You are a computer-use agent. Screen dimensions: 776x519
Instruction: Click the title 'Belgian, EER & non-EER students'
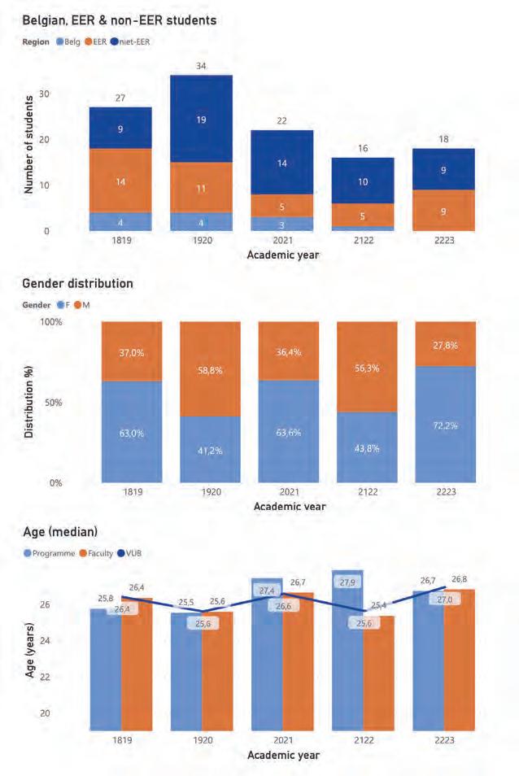[119, 20]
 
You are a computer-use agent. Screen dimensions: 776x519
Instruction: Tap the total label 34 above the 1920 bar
[201, 66]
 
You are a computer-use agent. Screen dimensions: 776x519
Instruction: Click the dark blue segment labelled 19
[201, 119]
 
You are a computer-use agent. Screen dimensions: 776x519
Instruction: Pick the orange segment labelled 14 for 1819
[120, 181]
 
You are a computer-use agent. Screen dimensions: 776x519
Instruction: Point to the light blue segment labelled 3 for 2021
[281, 224]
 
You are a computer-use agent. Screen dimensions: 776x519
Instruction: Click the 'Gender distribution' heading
[77, 284]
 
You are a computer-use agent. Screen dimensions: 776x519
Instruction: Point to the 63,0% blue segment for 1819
[131, 432]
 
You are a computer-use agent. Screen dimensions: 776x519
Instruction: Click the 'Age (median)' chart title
[60, 532]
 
